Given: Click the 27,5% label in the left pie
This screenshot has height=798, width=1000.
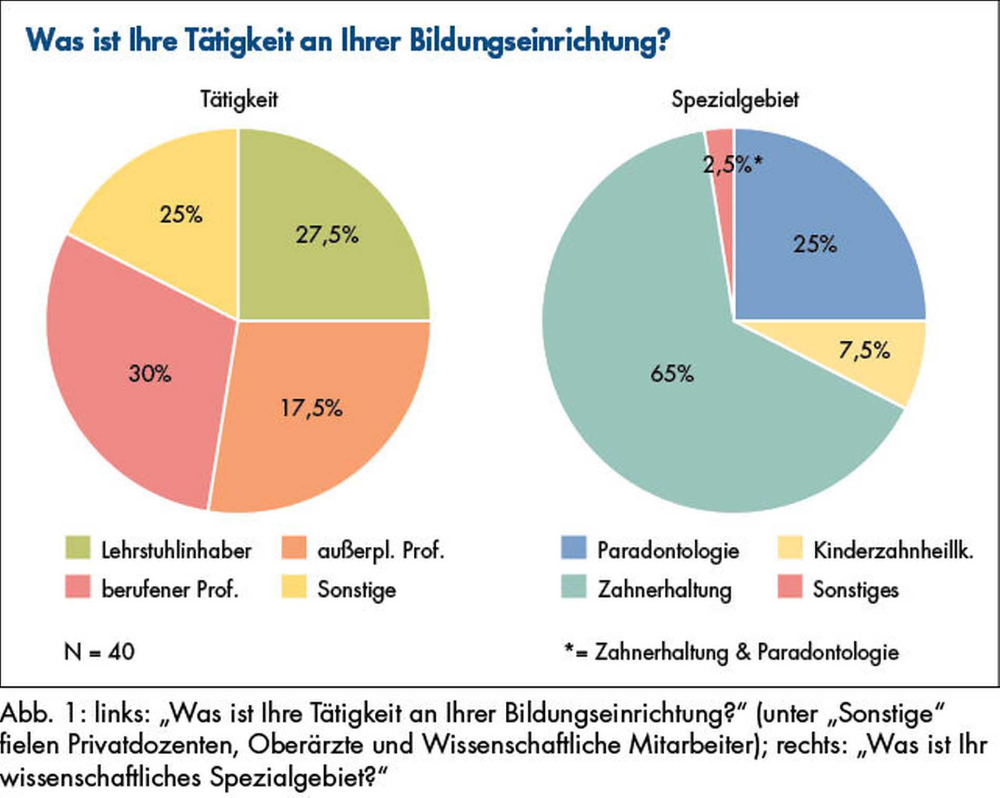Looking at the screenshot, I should pos(327,235).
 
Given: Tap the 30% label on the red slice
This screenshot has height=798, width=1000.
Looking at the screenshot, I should pos(150,374).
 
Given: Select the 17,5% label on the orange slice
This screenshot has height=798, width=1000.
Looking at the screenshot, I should pos(312,408).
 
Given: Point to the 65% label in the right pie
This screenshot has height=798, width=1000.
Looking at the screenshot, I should pos(672,374).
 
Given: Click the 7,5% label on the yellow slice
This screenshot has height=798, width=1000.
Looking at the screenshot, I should pos(864,350).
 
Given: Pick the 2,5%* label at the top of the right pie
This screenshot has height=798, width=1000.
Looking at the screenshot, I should pos(732,165).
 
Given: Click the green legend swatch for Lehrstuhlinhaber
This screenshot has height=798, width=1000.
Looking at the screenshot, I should pos(77,548).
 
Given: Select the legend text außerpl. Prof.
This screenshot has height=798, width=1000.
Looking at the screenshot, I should pos(381,551).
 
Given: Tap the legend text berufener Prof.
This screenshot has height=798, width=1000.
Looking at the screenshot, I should pos(169,589).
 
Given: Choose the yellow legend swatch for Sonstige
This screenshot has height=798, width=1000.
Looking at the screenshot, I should pos(294,587).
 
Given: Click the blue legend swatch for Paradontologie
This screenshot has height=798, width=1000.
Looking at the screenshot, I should pos(574,548).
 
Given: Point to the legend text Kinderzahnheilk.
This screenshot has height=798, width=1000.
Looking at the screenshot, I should pos(893,551).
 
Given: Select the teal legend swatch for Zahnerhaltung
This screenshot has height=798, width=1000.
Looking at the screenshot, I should pos(574,587).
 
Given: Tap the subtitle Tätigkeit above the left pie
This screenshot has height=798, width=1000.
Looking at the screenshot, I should pos(239,100).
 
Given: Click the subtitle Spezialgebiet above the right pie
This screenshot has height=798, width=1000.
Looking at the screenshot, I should pos(735,100).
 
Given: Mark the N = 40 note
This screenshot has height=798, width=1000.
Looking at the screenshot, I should pos(99,652).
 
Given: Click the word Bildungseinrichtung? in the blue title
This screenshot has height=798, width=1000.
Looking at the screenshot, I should pos(540,41).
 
